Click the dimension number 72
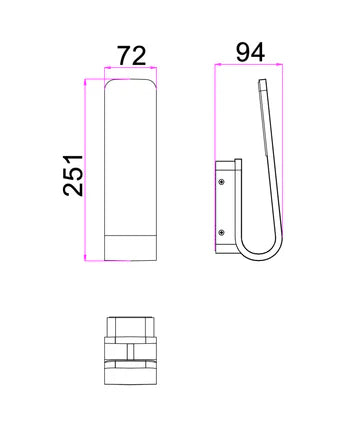pos(132,56)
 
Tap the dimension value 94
pos(250,52)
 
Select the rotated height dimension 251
pos(73,175)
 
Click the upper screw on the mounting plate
pos(222,182)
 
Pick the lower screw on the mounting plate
pos(222,233)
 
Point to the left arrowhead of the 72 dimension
pos(108,68)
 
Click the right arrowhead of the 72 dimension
pos(153,68)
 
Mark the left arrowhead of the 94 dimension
pos(218,64)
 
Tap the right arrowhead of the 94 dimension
pos(279,64)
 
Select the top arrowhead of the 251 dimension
pos(85,82)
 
